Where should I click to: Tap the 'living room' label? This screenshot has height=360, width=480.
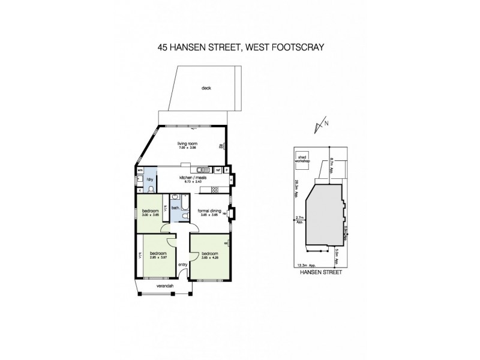point(187,143)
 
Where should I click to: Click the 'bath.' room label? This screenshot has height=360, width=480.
point(176,208)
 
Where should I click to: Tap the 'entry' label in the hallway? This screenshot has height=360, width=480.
point(182,265)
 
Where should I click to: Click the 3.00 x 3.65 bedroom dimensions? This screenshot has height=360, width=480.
point(150,215)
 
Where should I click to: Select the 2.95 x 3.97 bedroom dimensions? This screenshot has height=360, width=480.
point(157,256)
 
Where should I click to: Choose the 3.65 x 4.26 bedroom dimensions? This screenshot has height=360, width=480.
point(209,256)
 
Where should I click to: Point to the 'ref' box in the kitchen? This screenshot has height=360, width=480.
point(218,170)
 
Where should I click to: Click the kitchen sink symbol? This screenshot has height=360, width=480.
point(202,170)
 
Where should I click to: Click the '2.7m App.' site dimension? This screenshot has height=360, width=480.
point(299,220)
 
